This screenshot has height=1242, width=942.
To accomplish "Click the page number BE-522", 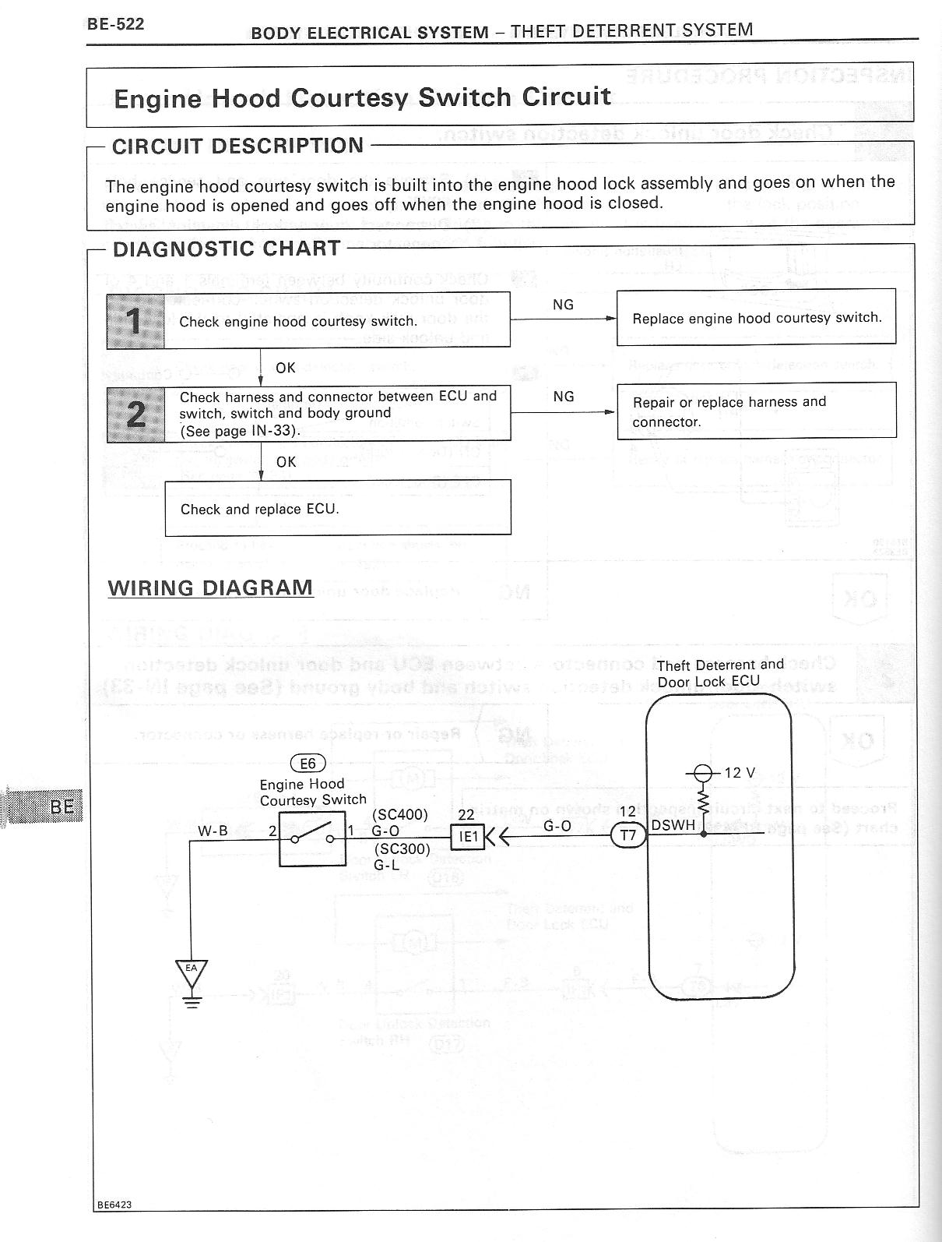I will (x=115, y=24).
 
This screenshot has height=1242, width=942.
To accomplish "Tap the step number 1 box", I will (x=135, y=320).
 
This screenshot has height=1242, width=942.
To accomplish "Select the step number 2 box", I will (x=135, y=414).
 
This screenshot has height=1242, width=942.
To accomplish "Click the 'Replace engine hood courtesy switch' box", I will (x=756, y=318).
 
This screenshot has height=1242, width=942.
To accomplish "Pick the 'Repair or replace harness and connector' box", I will (x=756, y=411).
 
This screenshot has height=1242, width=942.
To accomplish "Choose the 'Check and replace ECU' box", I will (x=337, y=508).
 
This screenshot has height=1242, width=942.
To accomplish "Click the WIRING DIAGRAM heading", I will (x=210, y=587).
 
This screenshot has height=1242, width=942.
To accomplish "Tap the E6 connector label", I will (x=308, y=764).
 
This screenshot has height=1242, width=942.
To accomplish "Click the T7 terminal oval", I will (x=628, y=837).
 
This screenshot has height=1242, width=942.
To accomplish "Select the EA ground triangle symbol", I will (x=191, y=972).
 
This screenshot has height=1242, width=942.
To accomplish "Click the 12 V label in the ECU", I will (x=740, y=773).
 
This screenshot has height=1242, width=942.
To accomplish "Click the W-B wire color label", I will (x=213, y=831).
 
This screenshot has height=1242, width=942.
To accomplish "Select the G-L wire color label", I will (x=387, y=864).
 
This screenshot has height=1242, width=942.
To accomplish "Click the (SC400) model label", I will (x=400, y=814).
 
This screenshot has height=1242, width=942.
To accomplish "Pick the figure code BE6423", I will (x=114, y=1204).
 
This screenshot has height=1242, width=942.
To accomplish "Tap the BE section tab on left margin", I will (x=62, y=806).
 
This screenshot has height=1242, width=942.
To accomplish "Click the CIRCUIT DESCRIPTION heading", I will (x=237, y=146).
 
